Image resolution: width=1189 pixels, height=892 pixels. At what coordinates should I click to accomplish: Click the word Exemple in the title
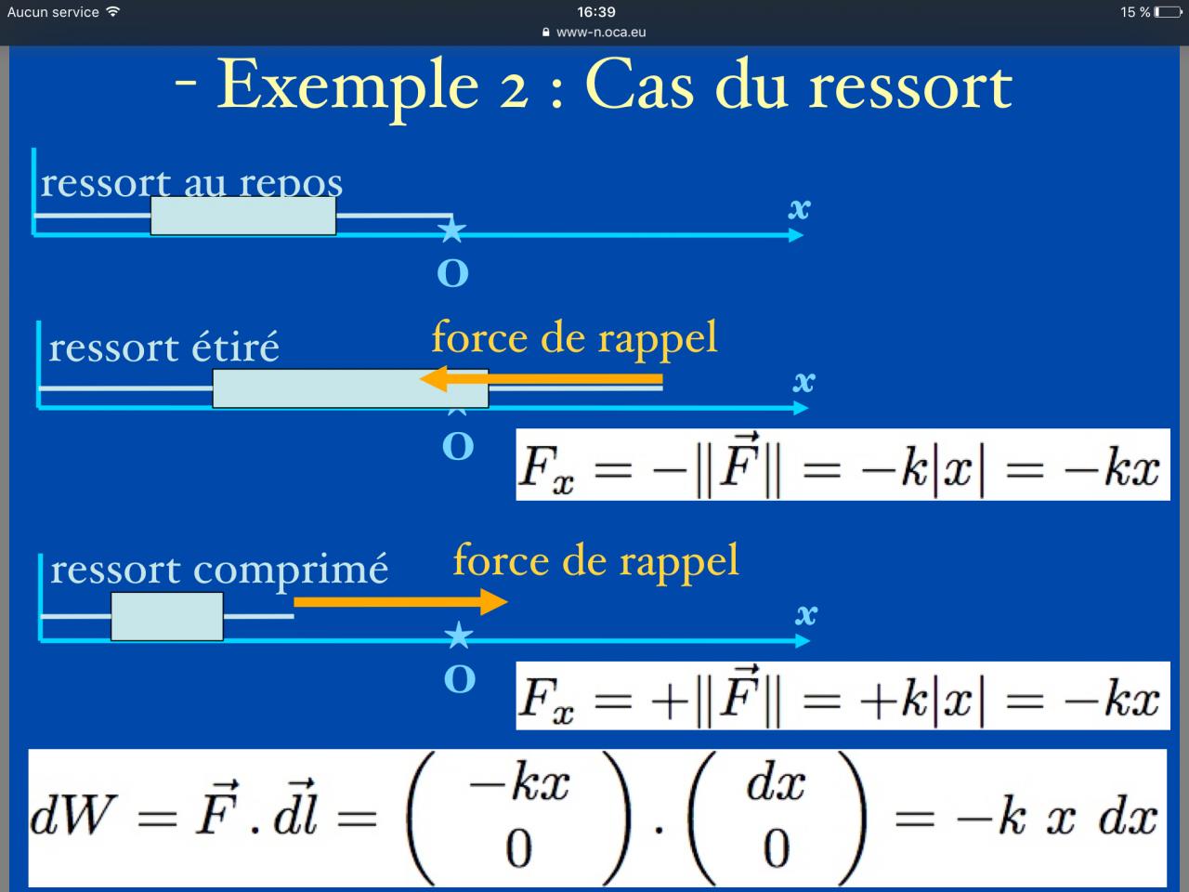347,86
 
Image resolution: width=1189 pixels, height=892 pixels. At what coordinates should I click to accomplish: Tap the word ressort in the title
909,86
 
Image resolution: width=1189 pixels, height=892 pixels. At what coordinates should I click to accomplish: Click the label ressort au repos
191,182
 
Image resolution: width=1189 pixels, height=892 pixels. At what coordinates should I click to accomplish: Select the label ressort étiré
163,348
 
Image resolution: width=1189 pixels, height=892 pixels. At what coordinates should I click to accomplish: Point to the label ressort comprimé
219,569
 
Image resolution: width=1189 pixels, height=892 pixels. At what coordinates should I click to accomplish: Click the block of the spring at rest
243,216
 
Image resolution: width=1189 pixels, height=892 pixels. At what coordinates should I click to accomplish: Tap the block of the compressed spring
167,616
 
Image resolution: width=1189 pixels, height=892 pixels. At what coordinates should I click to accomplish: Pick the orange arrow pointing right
400,602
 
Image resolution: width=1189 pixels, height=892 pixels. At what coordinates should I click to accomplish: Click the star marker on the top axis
451,229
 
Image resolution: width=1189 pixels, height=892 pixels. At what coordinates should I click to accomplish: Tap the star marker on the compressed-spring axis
458,636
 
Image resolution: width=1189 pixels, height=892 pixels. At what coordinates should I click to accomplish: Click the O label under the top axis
452,273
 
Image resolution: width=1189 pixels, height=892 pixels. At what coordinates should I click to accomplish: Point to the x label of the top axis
799,208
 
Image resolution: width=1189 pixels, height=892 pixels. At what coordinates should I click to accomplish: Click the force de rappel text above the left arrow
574,337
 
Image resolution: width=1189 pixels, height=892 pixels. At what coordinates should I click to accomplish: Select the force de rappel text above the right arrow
595,560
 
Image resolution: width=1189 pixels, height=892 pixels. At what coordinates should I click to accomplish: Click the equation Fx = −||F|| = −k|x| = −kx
842,465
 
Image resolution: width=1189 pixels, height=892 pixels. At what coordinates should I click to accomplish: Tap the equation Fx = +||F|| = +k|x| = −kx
842,696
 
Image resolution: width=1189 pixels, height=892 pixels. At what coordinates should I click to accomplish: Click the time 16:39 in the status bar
595,12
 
